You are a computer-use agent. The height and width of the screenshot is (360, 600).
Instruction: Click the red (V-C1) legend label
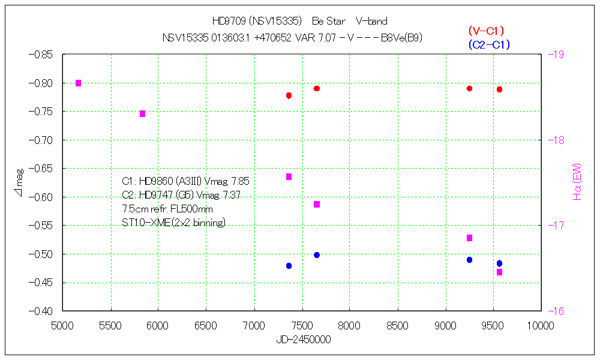point(485,31)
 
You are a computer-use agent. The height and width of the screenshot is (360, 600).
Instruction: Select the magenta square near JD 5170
point(78,83)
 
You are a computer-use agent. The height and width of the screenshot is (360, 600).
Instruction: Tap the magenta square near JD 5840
point(142,113)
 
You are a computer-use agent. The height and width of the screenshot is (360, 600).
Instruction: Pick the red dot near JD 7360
point(289,95)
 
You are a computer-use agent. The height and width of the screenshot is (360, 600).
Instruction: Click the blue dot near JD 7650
point(317,255)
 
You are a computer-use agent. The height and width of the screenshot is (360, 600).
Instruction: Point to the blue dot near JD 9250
point(469,260)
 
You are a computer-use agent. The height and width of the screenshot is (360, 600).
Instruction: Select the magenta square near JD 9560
point(499,272)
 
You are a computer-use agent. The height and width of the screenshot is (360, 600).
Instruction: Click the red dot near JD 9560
point(499,89)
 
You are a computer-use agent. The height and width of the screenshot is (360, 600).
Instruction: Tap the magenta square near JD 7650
point(317,205)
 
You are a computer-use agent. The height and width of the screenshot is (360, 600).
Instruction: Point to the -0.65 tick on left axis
point(40,169)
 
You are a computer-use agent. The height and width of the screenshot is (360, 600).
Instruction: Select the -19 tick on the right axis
point(556,55)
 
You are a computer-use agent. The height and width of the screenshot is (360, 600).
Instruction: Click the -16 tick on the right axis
point(556,311)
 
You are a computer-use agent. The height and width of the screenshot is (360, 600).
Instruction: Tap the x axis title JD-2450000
point(303,340)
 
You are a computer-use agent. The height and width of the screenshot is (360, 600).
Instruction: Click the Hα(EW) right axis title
point(578,182)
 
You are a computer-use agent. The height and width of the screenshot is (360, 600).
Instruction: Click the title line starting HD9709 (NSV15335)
point(299,22)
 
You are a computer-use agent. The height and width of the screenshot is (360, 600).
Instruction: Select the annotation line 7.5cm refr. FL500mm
point(167,209)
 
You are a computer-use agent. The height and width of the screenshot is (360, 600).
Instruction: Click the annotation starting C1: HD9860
point(185,181)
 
